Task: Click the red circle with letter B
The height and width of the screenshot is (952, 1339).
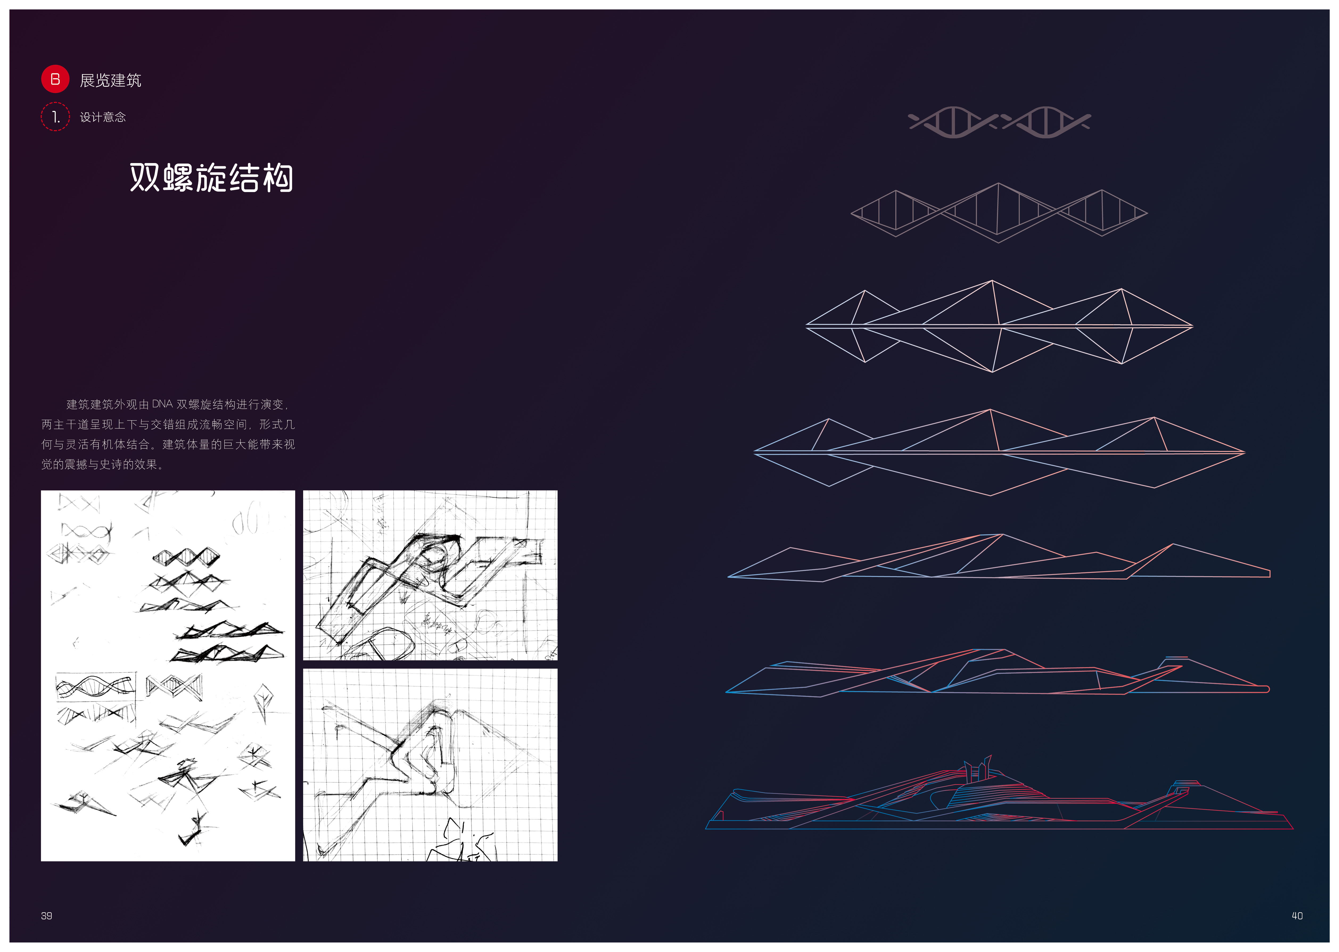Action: (55, 79)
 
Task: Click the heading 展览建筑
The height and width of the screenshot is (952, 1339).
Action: (110, 80)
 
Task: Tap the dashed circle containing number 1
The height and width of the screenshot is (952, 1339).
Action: (55, 117)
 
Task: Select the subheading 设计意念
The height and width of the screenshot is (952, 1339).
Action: (103, 117)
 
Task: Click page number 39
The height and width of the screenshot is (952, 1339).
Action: (46, 916)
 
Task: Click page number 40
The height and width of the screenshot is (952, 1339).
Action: (1297, 916)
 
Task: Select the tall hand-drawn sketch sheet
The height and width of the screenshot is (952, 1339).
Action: (168, 675)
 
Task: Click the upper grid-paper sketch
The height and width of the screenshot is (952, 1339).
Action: (430, 575)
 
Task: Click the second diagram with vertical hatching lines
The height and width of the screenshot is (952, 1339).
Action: (999, 212)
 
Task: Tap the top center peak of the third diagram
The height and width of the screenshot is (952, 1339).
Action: (992, 281)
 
